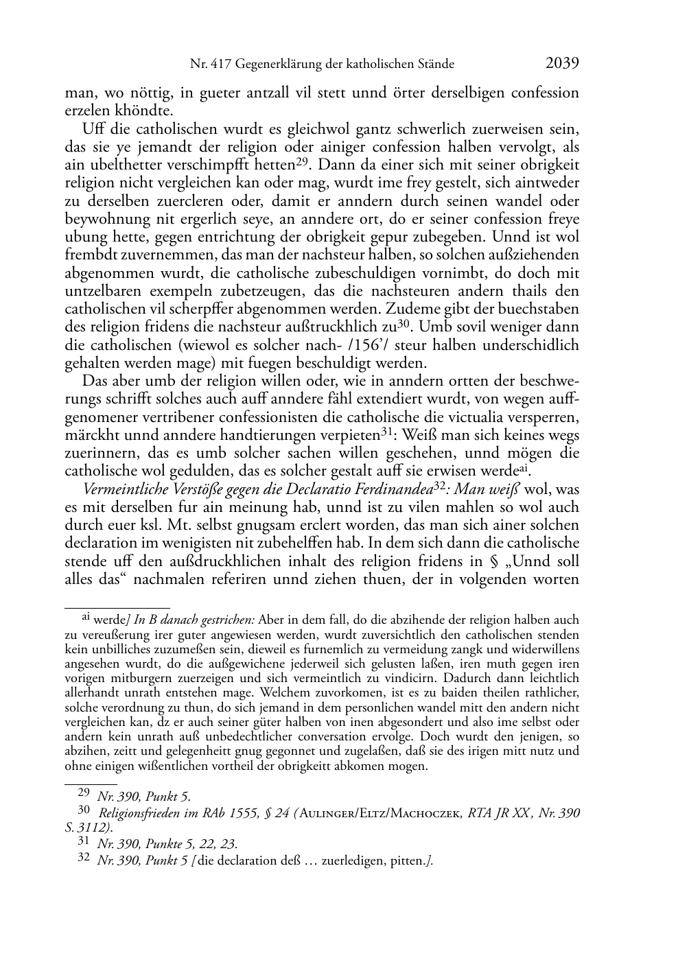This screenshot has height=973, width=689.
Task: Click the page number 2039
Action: [562, 64]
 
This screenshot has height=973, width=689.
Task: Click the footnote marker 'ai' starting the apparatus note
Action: [86, 618]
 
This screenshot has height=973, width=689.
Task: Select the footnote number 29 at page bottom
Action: [84, 795]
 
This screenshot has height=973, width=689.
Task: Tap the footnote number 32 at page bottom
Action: [84, 858]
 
